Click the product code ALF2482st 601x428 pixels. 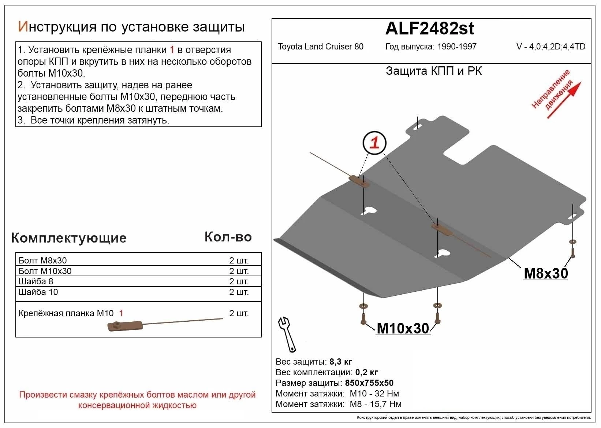click(430, 29)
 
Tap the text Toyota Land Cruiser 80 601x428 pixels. click(320, 47)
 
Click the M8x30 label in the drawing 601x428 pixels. click(546, 273)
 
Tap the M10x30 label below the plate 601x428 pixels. click(403, 328)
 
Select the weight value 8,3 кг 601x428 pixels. click(341, 362)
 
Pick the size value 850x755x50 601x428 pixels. click(369, 383)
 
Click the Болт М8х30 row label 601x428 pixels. click(42, 261)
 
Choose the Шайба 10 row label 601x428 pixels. click(38, 292)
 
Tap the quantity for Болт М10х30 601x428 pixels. click(239, 271)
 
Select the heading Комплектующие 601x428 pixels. click(69, 238)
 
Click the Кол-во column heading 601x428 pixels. click(228, 237)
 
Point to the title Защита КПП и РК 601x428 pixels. click(434, 71)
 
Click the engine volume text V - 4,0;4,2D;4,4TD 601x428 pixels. click(550, 47)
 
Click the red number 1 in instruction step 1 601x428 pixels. click(172, 50)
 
